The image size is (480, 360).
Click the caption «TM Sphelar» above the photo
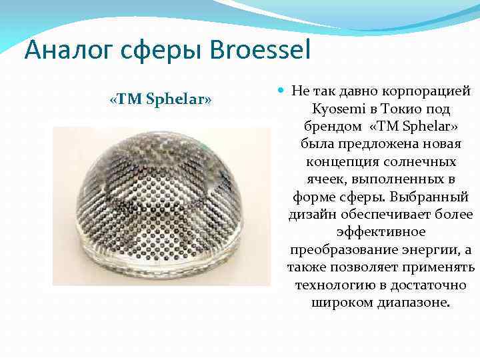click(161, 100)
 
